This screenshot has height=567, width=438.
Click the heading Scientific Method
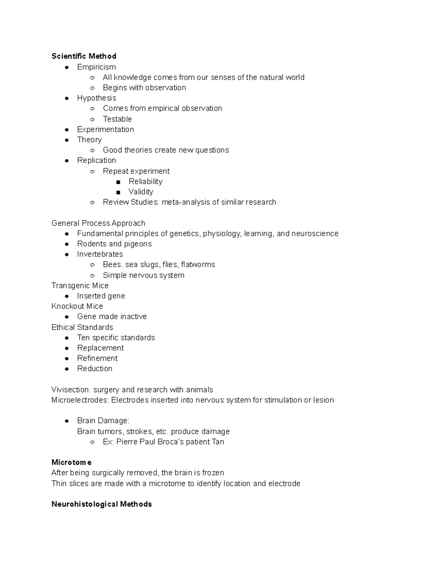point(84,56)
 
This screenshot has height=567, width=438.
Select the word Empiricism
point(96,67)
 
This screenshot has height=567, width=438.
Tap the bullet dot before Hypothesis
point(67,98)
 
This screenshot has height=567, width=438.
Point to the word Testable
point(117,119)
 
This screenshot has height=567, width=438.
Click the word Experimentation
point(105,130)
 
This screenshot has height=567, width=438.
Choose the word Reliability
point(145,181)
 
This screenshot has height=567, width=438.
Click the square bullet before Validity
point(118,192)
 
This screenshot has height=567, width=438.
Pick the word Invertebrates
point(100,254)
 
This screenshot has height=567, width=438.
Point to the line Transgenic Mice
point(80,286)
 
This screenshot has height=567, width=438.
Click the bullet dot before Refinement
point(67,359)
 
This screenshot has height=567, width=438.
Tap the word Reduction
point(95,369)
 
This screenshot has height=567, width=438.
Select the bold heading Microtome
point(72,463)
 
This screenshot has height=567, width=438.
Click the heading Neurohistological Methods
point(101,504)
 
